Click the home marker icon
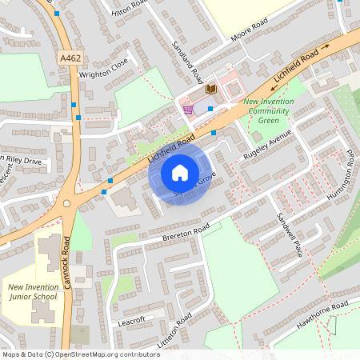[180, 172]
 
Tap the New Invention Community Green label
[269, 111]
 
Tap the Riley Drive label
[23, 160]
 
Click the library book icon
[211, 89]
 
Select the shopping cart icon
[187, 109]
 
